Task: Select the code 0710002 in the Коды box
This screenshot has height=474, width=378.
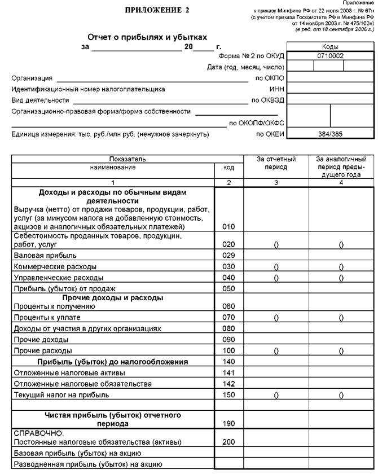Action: coord(330,56)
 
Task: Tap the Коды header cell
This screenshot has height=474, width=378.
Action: coord(330,46)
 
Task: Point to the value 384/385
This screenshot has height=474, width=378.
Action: coord(330,134)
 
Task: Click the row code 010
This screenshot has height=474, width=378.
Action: coord(228,226)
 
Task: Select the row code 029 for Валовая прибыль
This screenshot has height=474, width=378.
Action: coord(228,256)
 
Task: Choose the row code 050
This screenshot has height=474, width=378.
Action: coord(228,288)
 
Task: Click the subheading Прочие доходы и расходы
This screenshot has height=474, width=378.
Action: coord(113,297)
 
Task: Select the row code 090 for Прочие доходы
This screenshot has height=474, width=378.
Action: coord(228,340)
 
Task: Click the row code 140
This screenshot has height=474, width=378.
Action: coord(228,362)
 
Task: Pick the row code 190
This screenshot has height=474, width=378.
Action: coord(228,423)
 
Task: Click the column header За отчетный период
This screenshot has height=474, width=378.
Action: coord(276,164)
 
